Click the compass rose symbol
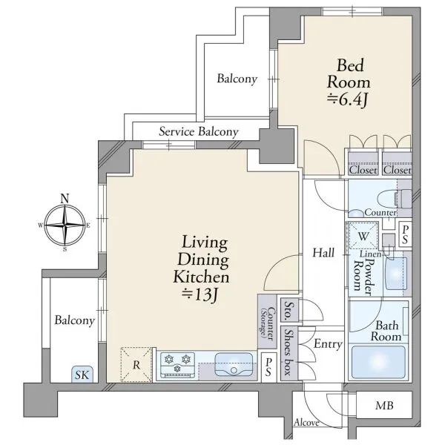point(65,225)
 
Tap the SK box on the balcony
point(82,375)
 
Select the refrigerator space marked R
point(136,364)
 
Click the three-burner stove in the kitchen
point(178,365)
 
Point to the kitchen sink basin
point(234,364)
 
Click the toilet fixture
point(395,198)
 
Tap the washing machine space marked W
point(363,236)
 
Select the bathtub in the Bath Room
point(378,362)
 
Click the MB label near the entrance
point(384,406)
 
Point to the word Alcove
point(307,423)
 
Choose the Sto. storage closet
point(289,309)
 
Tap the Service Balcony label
point(199,132)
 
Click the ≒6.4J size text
point(348,100)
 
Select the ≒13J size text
point(200,295)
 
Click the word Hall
point(323,253)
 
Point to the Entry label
point(328,344)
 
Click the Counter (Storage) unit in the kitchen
point(267,321)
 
